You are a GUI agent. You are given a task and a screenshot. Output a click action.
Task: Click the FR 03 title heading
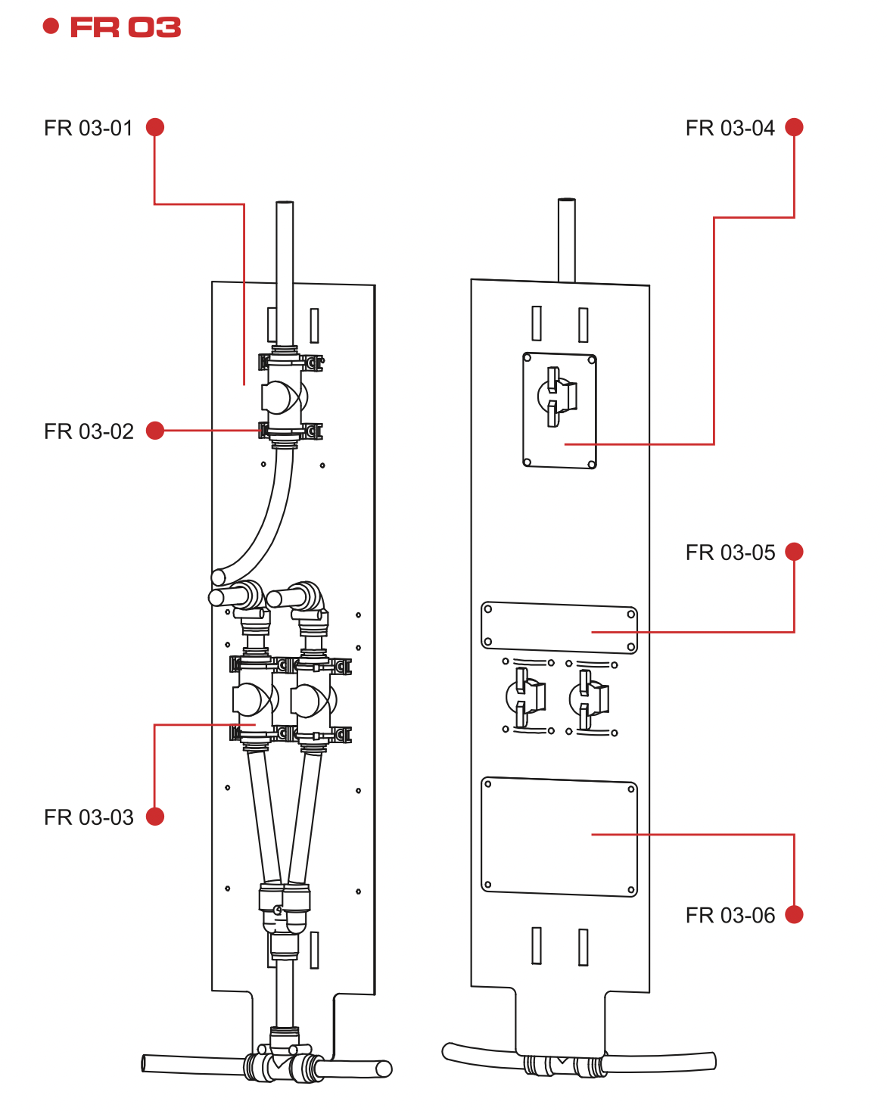[125, 28]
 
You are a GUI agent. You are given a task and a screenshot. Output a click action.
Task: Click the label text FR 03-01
[89, 128]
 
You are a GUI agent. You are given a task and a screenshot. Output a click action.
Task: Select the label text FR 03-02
[89, 431]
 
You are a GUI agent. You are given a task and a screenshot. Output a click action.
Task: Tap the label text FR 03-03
[89, 817]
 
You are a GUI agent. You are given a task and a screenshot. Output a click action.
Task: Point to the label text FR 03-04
[730, 128]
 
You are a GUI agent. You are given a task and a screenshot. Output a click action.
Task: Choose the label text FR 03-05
[730, 552]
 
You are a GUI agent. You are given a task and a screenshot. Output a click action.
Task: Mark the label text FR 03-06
[730, 916]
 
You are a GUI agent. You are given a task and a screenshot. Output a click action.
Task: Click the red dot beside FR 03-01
[155, 127]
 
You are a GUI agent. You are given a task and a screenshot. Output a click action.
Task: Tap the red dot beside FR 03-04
[794, 127]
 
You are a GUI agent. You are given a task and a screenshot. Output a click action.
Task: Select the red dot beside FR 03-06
[794, 914]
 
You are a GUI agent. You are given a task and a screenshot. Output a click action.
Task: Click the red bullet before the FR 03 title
[51, 27]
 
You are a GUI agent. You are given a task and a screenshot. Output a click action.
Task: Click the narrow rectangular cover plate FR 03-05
[559, 627]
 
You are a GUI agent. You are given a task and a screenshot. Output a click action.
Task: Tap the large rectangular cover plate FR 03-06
[559, 837]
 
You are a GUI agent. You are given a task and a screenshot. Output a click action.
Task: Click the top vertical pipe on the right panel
[566, 239]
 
